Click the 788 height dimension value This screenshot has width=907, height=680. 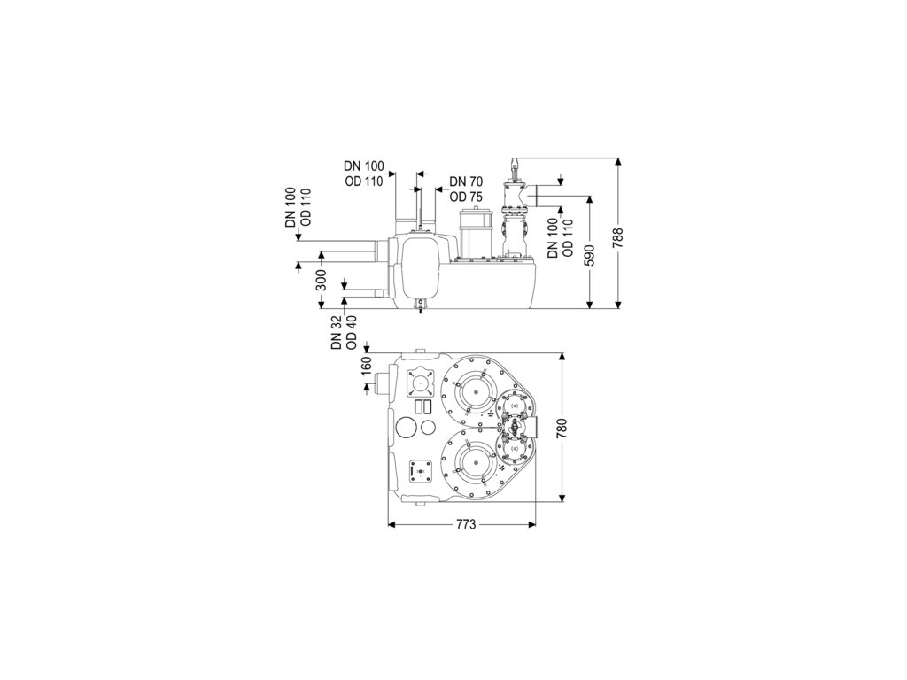(619, 237)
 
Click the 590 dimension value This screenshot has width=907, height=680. (591, 253)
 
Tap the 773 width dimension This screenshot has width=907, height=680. (461, 525)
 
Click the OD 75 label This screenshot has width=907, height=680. (465, 197)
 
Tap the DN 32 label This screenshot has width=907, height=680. (337, 332)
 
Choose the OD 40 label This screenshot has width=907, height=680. (352, 332)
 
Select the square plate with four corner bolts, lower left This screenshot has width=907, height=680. (417, 472)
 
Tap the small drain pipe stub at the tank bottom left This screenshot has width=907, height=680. (380, 292)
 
